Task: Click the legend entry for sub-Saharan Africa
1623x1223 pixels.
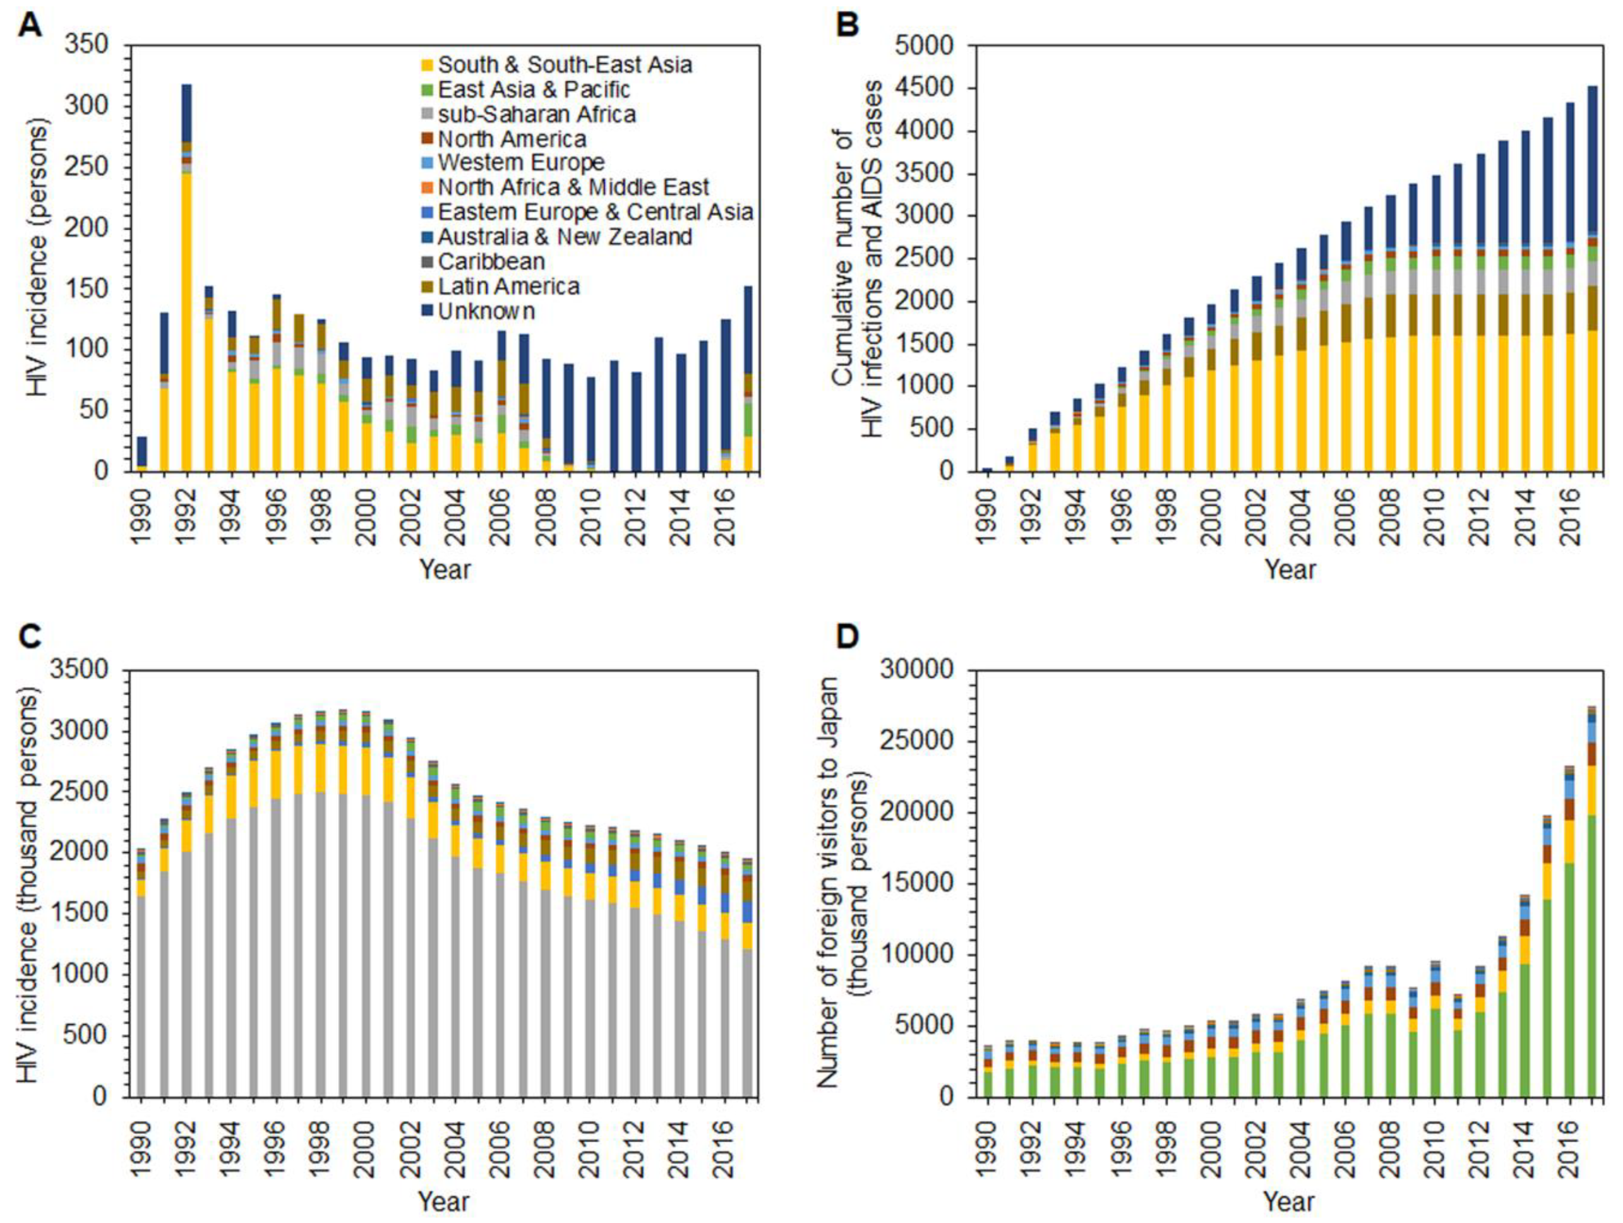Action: [535, 115]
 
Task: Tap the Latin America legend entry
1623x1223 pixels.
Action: [508, 286]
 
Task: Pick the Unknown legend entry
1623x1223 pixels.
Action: [486, 311]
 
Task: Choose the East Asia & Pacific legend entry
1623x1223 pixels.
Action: [533, 90]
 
